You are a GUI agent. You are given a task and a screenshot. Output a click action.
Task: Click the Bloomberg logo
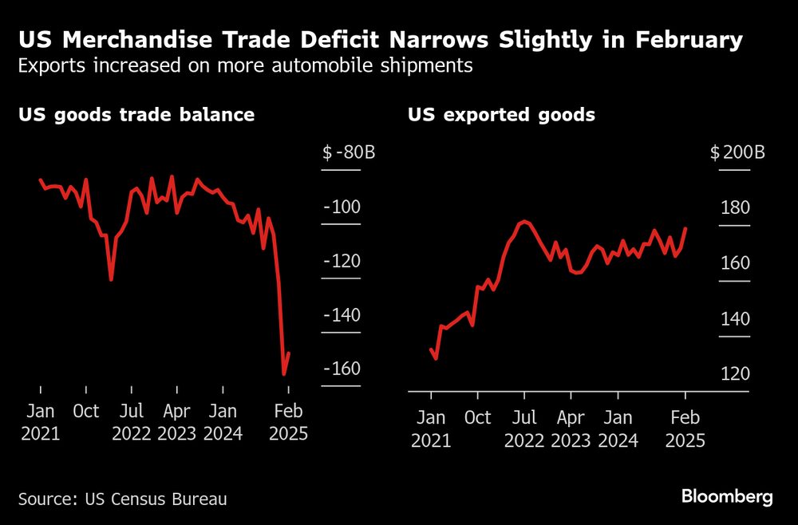coord(727,497)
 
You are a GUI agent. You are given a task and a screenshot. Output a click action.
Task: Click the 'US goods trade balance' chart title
coord(136,115)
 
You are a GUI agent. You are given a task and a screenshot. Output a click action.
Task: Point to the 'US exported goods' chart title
coord(501,115)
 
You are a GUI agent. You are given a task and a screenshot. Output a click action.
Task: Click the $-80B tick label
coord(349,153)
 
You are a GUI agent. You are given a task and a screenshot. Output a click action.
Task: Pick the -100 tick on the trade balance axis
coord(342,207)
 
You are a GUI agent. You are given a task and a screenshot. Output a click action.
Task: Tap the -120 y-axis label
coord(342,262)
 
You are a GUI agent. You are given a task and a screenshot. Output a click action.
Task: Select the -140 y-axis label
coord(342,315)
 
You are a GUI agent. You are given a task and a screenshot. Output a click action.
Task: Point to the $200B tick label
coord(737,153)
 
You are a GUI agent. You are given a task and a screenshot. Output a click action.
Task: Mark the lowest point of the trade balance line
coord(284,373)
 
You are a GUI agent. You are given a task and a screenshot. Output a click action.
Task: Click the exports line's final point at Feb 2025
coord(685,228)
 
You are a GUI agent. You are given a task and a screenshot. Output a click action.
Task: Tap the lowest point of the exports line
coord(436,358)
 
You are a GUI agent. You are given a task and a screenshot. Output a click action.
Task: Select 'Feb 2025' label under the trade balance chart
coord(288,423)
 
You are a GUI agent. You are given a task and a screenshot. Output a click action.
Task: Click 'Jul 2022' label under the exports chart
coord(523,428)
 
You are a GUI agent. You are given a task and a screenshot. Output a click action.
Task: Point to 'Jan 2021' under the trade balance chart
coord(41,423)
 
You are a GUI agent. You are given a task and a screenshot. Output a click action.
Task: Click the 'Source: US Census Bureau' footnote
coord(123,499)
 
